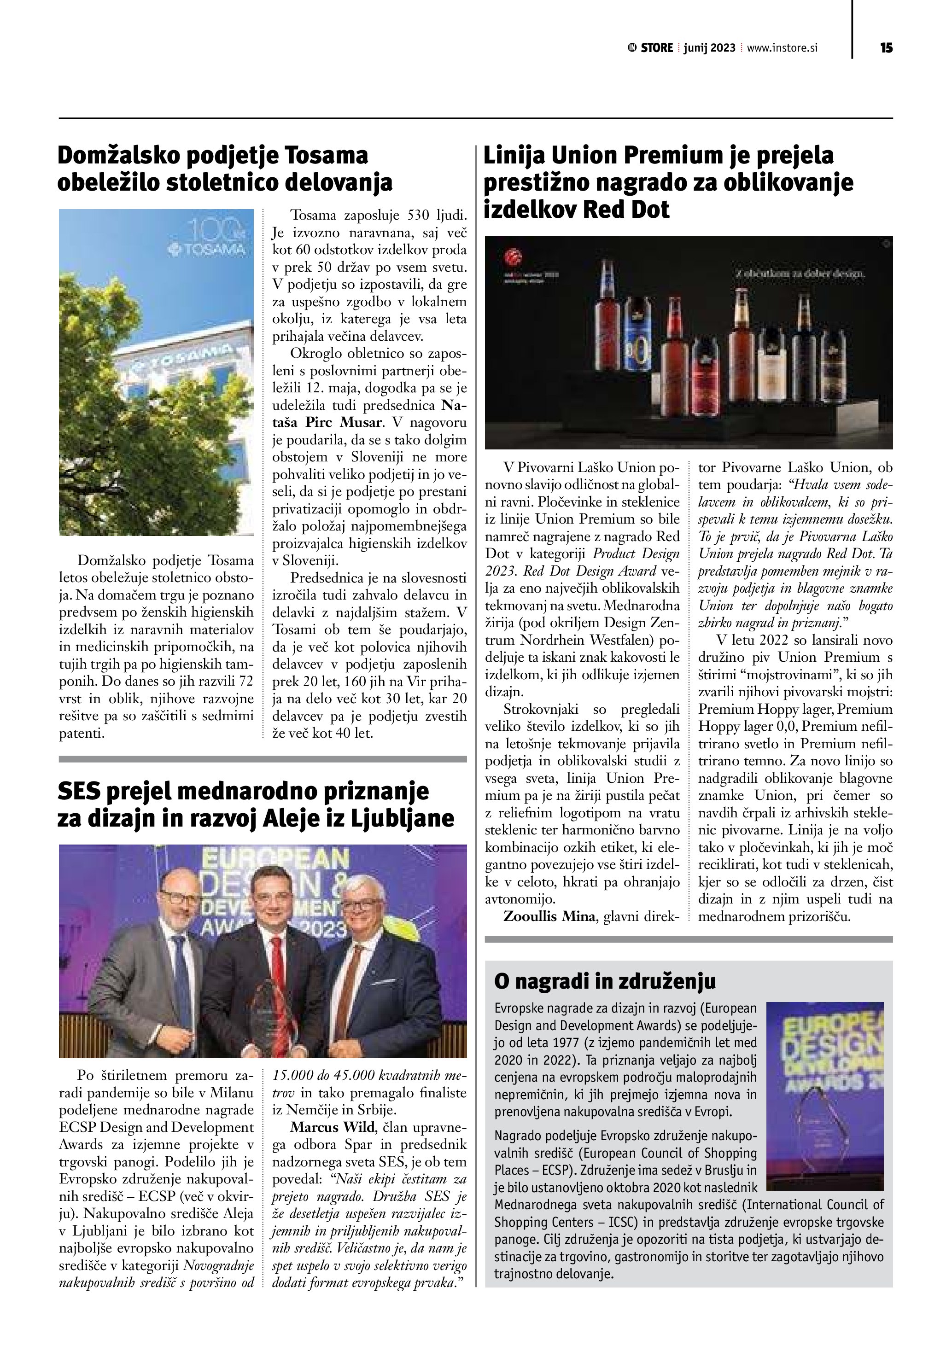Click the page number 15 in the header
pyautogui.click(x=886, y=48)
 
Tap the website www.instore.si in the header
pyautogui.click(x=782, y=48)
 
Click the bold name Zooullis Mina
pyautogui.click(x=549, y=916)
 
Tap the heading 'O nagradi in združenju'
pyautogui.click(x=605, y=981)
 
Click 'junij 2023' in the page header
pyautogui.click(x=709, y=48)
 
